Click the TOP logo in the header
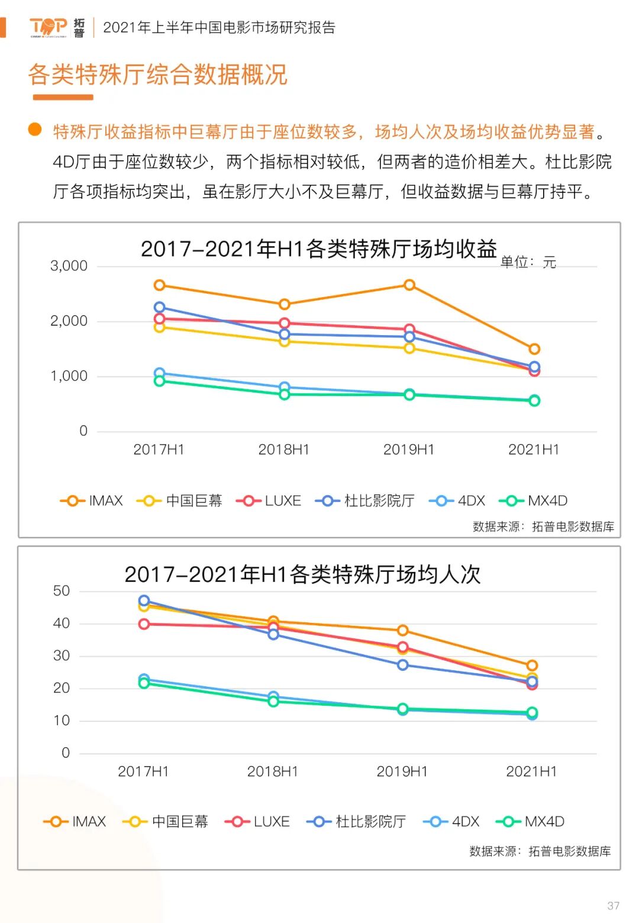click(49, 27)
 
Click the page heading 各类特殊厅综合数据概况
click(157, 75)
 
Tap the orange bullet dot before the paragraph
click(35, 130)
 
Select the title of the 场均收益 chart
click(318, 249)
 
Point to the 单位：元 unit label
click(528, 262)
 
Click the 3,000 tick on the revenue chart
click(69, 266)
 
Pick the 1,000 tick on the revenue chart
click(69, 376)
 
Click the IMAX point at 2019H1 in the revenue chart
click(409, 285)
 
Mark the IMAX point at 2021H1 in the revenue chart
click(534, 349)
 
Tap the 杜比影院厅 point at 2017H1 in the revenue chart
click(159, 307)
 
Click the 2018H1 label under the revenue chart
click(284, 449)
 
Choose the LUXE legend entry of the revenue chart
click(269, 501)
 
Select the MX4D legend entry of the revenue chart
click(534, 501)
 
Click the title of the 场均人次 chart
click(302, 574)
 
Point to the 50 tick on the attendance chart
click(62, 591)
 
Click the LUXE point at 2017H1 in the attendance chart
click(144, 624)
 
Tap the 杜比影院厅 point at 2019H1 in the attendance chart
click(402, 665)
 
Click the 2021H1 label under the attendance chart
click(531, 771)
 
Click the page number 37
click(613, 906)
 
